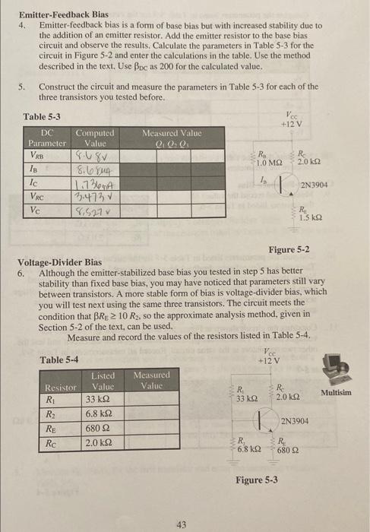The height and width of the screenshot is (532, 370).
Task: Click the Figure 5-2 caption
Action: point(289,250)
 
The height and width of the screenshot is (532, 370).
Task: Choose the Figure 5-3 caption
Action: point(257,480)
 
